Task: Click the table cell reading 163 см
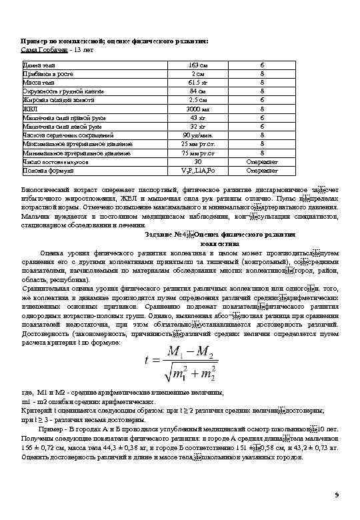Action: click(198, 65)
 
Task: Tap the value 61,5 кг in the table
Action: click(198, 82)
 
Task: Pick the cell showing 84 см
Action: click(198, 91)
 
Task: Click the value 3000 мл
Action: click(198, 108)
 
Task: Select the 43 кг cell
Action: click(198, 117)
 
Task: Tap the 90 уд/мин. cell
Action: click(198, 135)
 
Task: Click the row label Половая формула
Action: click(44, 170)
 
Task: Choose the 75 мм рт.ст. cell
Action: click(198, 153)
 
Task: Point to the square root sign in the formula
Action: click(172, 371)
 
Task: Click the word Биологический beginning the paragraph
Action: click(45, 190)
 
